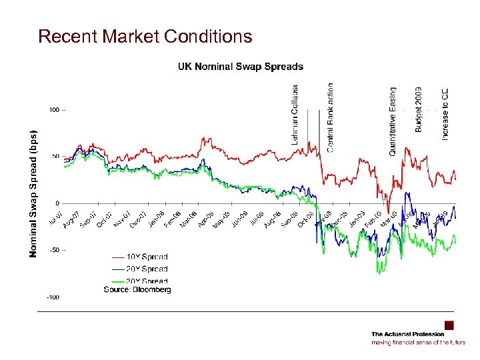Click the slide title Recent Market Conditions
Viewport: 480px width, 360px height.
(x=145, y=36)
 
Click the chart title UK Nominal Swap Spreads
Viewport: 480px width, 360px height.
(x=240, y=67)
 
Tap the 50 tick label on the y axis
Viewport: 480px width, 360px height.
(x=55, y=156)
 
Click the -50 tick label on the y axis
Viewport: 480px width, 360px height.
(x=53, y=250)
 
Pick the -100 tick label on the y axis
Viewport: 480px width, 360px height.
(x=52, y=297)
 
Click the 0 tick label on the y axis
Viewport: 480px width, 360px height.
(x=57, y=203)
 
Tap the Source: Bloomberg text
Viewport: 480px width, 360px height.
(x=137, y=289)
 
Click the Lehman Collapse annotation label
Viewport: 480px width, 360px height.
(x=295, y=114)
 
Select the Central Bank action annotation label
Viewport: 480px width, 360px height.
(x=331, y=117)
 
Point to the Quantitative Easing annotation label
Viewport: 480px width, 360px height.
(x=393, y=121)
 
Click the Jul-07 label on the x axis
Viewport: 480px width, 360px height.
(x=56, y=218)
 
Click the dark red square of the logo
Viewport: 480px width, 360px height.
(x=449, y=325)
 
